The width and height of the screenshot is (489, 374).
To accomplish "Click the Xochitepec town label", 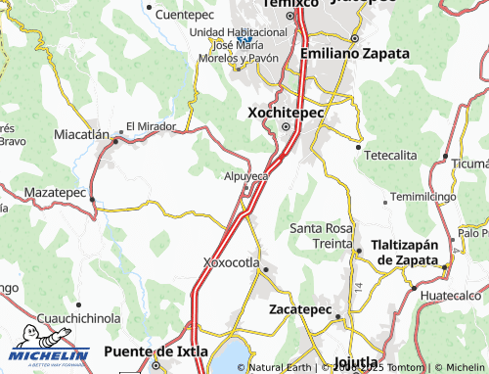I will coord(286,113).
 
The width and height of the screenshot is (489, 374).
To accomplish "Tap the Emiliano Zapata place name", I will coord(355,54).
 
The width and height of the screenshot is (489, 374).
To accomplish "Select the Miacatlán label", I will coord(80,134).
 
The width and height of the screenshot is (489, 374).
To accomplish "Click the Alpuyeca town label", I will coord(245,175).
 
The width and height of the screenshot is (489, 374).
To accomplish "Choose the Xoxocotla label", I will coord(231,262).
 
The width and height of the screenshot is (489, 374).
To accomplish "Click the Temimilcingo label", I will coord(422,197).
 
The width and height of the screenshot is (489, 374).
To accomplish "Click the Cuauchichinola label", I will coord(78,318).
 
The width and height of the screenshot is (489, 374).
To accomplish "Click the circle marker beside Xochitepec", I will coord(286,126).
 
